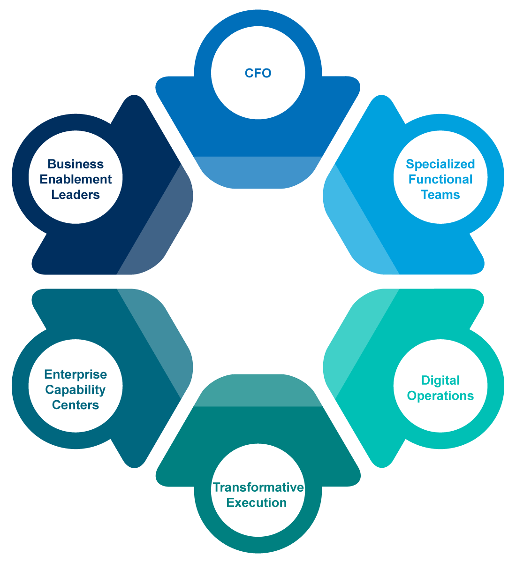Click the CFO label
(258, 73)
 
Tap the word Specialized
(440, 164)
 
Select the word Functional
(440, 179)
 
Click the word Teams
(440, 195)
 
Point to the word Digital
(440, 380)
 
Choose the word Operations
(440, 396)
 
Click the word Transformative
(258, 487)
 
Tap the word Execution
(257, 502)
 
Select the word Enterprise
(76, 374)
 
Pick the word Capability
(76, 389)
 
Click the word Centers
(76, 405)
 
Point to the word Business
(76, 164)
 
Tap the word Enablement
(76, 179)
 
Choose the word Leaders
(76, 195)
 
